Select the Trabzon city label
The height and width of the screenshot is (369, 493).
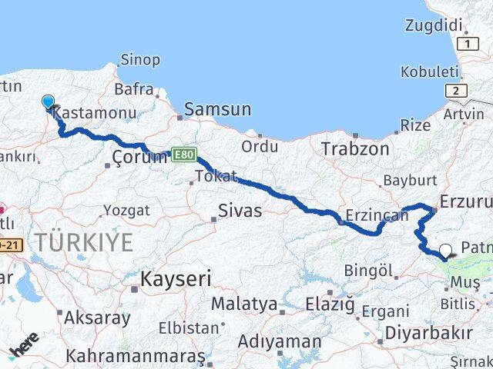pyautogui.click(x=355, y=148)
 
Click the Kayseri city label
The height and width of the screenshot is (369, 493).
pyautogui.click(x=176, y=278)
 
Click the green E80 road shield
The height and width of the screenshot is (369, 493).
pyautogui.click(x=182, y=154)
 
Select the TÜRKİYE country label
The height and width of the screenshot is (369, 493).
pyautogui.click(x=83, y=242)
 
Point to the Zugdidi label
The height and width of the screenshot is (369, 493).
pyautogui.click(x=434, y=25)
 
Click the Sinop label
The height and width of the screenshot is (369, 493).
pyautogui.click(x=140, y=59)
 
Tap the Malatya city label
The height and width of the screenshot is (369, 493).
pyautogui.click(x=243, y=303)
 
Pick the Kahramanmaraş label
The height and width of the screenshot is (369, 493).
pyautogui.click(x=136, y=357)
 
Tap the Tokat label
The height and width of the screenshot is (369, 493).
pyautogui.click(x=216, y=176)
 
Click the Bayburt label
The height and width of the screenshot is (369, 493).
pyautogui.click(x=410, y=180)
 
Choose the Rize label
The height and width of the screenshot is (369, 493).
pyautogui.click(x=416, y=124)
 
